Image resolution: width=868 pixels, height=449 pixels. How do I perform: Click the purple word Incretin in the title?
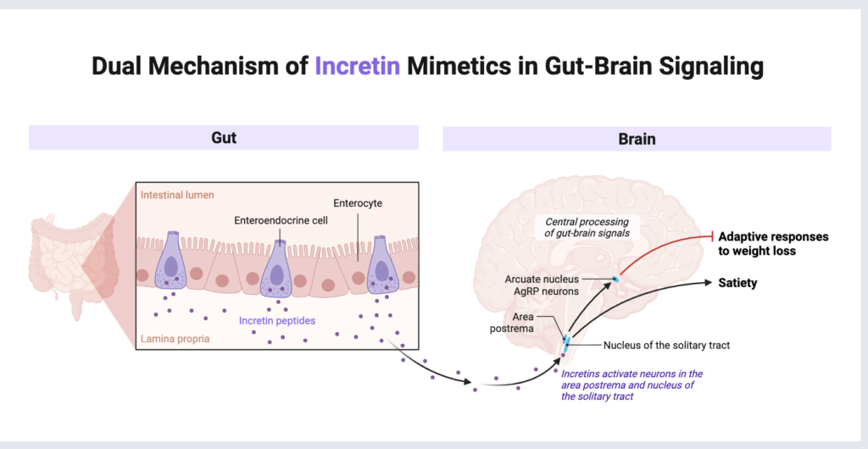pos(357,67)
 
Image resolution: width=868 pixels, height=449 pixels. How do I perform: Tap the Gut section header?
pos(224,137)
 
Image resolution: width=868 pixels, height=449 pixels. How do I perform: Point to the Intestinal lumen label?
pos(177,195)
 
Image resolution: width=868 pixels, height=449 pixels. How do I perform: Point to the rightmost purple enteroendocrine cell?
pos(381,266)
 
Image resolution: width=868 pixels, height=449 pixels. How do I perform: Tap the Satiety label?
pos(737,283)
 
